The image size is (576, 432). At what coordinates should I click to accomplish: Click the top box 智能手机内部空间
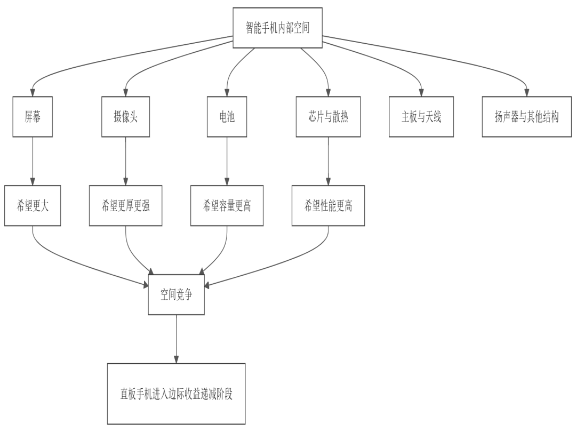point(277,28)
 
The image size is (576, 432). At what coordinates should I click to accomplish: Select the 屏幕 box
point(33,117)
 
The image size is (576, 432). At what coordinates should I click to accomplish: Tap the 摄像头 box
point(126,117)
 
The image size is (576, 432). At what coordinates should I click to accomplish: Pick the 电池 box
point(227,117)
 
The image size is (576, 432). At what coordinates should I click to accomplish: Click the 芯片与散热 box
point(328,117)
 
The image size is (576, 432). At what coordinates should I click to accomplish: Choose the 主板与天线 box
point(421,117)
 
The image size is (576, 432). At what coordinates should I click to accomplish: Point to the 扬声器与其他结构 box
point(527,117)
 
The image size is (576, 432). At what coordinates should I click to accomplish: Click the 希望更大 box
point(33,206)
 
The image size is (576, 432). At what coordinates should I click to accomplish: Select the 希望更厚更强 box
point(126,206)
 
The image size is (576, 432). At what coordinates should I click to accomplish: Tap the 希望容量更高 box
point(227,206)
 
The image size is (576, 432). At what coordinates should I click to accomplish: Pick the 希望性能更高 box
point(328,206)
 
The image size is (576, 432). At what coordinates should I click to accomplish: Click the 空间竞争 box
point(177,294)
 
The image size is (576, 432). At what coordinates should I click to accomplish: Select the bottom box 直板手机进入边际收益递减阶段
point(177,394)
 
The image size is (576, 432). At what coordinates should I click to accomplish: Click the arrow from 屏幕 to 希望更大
point(33,161)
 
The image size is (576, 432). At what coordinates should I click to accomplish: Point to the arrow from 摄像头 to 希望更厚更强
point(126,161)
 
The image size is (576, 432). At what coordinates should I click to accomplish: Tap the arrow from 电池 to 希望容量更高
point(227,161)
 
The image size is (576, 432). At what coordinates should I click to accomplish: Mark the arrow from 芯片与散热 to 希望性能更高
point(328,161)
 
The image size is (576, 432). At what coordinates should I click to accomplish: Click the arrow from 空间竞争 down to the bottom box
point(177,339)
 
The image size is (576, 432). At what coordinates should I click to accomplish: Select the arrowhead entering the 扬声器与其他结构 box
point(527,93)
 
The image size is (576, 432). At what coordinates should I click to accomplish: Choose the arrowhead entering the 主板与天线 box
point(421,93)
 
